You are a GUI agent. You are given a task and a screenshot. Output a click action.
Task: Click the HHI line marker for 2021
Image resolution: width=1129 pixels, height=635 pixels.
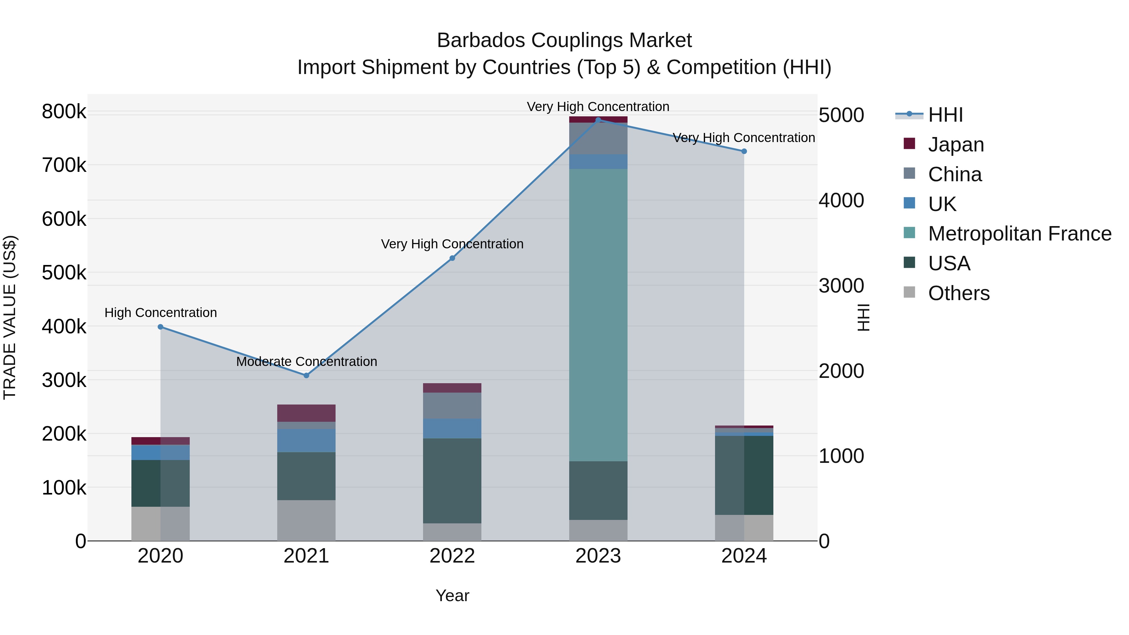point(306,376)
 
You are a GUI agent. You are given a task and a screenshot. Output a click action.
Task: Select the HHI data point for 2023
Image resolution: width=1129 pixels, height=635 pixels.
point(598,120)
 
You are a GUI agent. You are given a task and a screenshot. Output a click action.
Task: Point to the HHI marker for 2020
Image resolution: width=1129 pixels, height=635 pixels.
point(160,327)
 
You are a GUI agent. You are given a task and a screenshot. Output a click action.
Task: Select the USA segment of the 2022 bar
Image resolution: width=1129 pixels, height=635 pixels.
point(452,481)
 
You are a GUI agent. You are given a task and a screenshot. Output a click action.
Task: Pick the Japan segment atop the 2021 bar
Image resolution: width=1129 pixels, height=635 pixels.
point(306,413)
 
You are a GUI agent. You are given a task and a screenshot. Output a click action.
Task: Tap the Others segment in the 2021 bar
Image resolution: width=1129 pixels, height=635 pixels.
point(306,520)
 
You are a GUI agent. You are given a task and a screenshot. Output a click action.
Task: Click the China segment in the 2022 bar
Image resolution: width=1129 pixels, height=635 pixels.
point(452,405)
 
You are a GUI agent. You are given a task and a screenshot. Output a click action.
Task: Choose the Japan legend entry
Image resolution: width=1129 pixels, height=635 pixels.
point(956,145)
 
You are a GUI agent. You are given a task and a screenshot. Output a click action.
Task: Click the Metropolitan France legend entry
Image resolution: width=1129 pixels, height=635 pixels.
point(1020,234)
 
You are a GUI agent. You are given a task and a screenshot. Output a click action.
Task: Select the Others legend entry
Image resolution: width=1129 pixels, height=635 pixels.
point(958,293)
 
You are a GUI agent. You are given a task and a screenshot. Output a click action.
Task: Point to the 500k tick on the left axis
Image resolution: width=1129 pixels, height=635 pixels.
point(64,273)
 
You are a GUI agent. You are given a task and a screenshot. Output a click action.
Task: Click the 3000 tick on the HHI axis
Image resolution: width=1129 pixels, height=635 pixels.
point(841,286)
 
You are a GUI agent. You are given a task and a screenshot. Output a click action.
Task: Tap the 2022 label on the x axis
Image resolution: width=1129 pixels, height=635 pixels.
point(452,556)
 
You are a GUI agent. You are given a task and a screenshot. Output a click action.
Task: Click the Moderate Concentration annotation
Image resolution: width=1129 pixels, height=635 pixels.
point(306,362)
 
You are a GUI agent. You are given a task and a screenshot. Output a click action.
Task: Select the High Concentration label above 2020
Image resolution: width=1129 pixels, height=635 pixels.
point(160,312)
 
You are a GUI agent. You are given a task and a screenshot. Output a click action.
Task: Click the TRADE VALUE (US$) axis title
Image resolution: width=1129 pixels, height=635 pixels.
point(10,317)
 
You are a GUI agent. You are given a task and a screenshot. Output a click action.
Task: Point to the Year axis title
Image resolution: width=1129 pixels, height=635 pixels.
point(452,595)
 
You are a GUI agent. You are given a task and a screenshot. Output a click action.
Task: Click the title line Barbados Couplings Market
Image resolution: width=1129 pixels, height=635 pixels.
point(564,40)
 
